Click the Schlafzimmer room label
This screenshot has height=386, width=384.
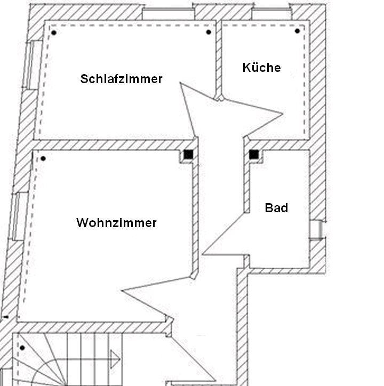click(122, 79)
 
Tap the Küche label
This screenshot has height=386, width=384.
click(261, 68)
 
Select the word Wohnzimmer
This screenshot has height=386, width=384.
click(116, 223)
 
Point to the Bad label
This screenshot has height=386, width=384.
click(276, 208)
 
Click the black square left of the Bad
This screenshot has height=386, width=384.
click(254, 155)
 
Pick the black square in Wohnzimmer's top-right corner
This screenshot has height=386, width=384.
click(188, 155)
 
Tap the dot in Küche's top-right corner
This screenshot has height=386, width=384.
click(298, 31)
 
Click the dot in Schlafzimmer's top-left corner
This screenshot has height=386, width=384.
click(54, 33)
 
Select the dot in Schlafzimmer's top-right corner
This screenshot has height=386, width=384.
click(209, 32)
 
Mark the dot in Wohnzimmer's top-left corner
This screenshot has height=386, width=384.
click(43, 158)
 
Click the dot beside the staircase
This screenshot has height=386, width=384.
click(22, 348)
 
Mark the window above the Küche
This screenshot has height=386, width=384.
click(271, 13)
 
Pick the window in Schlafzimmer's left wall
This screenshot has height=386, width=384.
click(33, 65)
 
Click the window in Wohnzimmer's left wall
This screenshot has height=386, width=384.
click(17, 216)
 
